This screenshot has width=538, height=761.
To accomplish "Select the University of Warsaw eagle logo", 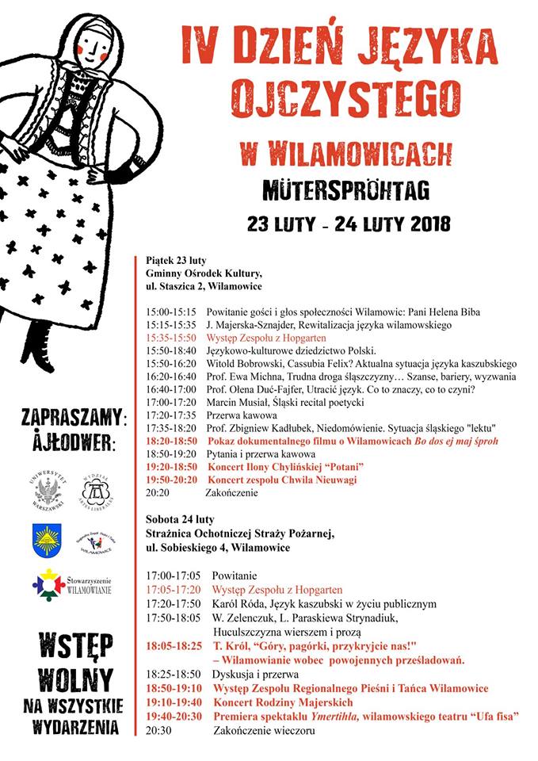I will tap(48, 491).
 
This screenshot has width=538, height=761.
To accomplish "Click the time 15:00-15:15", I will tap(171, 312).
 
